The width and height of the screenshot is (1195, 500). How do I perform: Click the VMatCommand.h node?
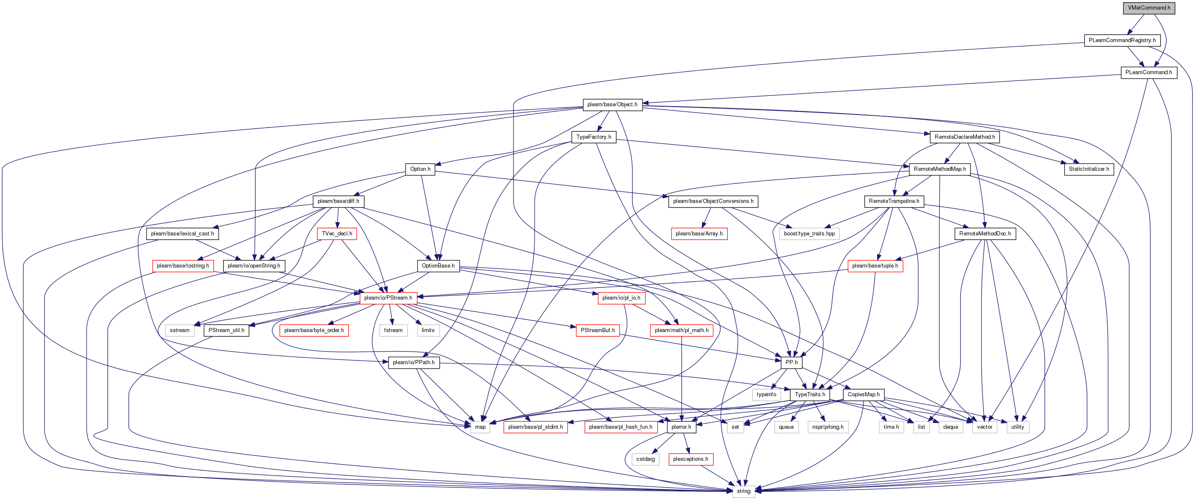coord(1149,8)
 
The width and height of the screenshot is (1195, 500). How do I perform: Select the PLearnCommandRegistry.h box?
coord(1122,40)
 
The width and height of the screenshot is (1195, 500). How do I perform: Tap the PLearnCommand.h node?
coord(1149,72)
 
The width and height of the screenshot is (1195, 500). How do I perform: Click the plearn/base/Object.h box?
coord(612,105)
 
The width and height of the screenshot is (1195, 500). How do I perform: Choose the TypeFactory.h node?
coord(594,137)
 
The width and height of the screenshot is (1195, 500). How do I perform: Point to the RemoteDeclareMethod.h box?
coord(964,137)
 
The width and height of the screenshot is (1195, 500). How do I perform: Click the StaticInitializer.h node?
coord(1089,169)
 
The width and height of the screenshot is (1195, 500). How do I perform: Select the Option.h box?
coord(420,169)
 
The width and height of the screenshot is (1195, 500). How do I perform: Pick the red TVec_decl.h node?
coord(337,233)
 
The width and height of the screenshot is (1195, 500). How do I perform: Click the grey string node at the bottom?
coord(744,491)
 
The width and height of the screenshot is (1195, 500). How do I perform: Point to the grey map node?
coord(480,427)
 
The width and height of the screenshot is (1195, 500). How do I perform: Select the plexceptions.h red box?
coord(691,459)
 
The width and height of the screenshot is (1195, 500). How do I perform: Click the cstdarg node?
coord(645,459)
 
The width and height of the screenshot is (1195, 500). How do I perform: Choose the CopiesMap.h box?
coord(863,395)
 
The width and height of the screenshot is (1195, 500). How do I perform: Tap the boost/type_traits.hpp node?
coord(809,233)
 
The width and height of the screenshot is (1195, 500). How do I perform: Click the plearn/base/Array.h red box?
coord(699,233)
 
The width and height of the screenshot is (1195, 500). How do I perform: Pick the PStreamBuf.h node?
coord(598,330)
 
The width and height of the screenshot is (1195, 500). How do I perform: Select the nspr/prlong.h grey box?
coord(828,427)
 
